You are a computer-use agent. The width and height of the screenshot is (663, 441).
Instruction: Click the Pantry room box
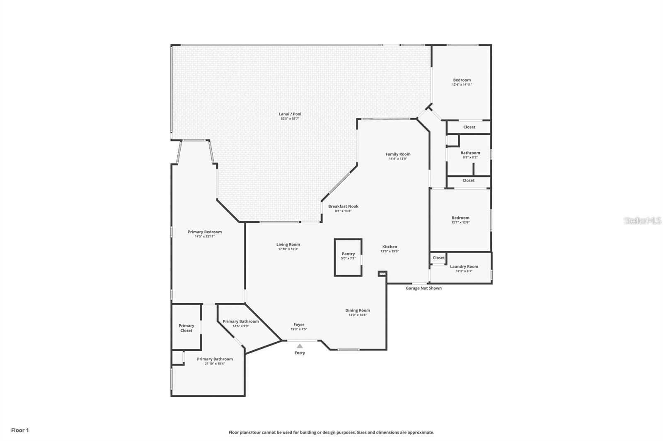(x=348, y=257)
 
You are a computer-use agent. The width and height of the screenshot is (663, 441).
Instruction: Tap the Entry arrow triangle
(x=300, y=346)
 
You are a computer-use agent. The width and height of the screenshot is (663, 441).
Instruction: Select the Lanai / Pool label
(x=290, y=114)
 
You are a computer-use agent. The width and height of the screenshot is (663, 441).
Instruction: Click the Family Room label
(x=398, y=154)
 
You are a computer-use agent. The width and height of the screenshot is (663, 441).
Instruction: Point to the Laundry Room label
(x=464, y=267)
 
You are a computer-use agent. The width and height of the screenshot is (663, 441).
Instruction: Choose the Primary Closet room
(x=186, y=328)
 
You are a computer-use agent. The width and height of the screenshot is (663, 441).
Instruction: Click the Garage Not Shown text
(x=423, y=288)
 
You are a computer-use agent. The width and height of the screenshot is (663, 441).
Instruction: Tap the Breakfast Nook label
(x=343, y=206)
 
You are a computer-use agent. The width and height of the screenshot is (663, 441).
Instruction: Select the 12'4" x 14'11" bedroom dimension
(x=462, y=85)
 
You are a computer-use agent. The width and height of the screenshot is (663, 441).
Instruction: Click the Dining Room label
(x=358, y=311)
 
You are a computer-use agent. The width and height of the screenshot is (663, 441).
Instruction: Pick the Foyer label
(x=299, y=325)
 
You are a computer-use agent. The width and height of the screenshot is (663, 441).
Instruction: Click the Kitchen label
(x=390, y=247)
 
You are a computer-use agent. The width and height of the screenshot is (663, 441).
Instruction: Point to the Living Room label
(x=288, y=244)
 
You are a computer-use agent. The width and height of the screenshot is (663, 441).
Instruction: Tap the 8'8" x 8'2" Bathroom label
(x=470, y=153)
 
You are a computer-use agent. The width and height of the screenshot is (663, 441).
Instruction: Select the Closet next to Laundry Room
(x=438, y=258)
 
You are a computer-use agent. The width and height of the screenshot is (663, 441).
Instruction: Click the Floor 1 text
(x=20, y=430)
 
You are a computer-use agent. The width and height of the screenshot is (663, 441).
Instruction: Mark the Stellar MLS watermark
(x=642, y=221)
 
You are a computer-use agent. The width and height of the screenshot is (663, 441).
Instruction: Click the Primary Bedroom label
(x=205, y=232)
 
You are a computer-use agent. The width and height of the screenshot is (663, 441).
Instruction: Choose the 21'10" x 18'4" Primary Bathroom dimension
(x=215, y=364)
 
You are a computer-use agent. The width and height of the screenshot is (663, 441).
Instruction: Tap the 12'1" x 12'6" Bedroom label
(x=460, y=218)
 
